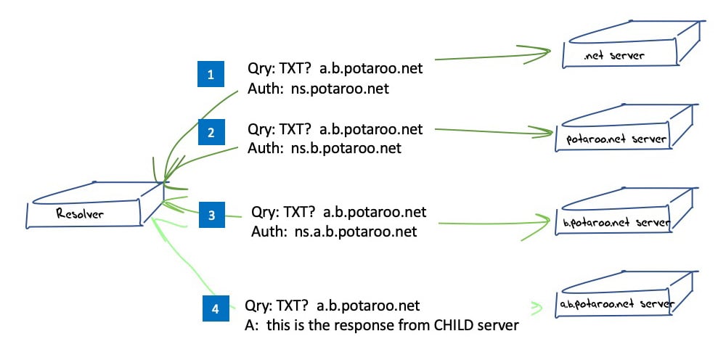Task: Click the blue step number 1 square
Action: point(211,74)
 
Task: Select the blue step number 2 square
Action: point(211,132)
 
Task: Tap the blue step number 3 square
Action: point(212,215)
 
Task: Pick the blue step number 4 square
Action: point(216,308)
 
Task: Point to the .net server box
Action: point(629,46)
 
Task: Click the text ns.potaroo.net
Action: point(340,89)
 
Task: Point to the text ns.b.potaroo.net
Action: point(346,149)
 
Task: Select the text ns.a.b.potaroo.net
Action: point(356,231)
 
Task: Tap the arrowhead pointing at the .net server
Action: point(537,53)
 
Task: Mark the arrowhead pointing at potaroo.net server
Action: point(541,133)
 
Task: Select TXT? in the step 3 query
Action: point(301,213)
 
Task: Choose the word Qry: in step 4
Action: point(258,306)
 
